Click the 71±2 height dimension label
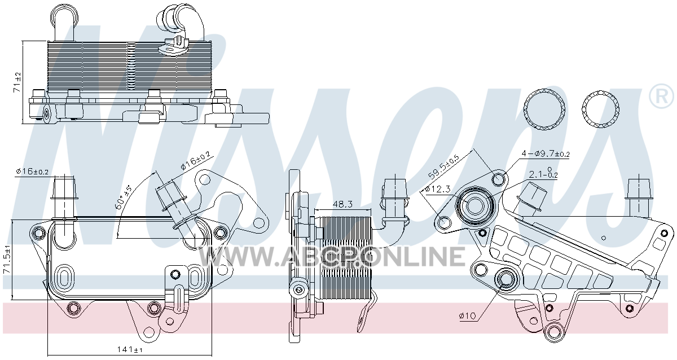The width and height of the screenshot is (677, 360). (17, 82)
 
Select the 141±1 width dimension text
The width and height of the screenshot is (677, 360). (130, 350)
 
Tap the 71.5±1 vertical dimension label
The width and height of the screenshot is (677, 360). (7, 260)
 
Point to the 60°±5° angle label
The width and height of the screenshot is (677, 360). (124, 197)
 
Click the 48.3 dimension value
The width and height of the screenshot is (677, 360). (342, 205)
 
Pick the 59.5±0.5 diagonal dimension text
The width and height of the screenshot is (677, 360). (443, 166)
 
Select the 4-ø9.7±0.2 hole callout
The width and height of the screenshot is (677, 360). (546, 154)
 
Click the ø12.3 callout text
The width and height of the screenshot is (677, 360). (438, 190)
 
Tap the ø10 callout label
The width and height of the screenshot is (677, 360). (467, 316)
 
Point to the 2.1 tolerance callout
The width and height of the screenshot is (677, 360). (543, 174)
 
